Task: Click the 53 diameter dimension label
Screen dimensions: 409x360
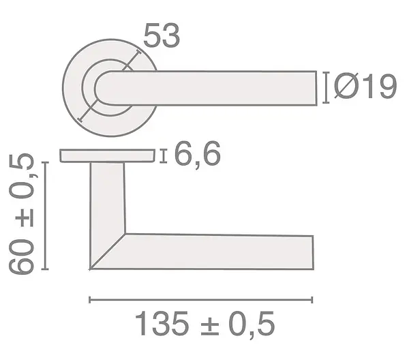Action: [x=162, y=35]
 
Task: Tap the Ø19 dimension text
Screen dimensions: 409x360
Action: [x=365, y=86]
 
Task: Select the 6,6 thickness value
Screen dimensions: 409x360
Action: [x=198, y=155]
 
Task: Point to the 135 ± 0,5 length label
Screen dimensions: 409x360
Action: [x=205, y=325]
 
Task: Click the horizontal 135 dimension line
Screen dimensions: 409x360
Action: [x=201, y=300]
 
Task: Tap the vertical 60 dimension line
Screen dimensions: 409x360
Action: [x=46, y=215]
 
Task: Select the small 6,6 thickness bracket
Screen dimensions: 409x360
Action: [x=164, y=156]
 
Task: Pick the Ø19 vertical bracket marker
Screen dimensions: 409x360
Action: [x=326, y=88]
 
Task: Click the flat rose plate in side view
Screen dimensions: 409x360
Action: [x=108, y=155]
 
